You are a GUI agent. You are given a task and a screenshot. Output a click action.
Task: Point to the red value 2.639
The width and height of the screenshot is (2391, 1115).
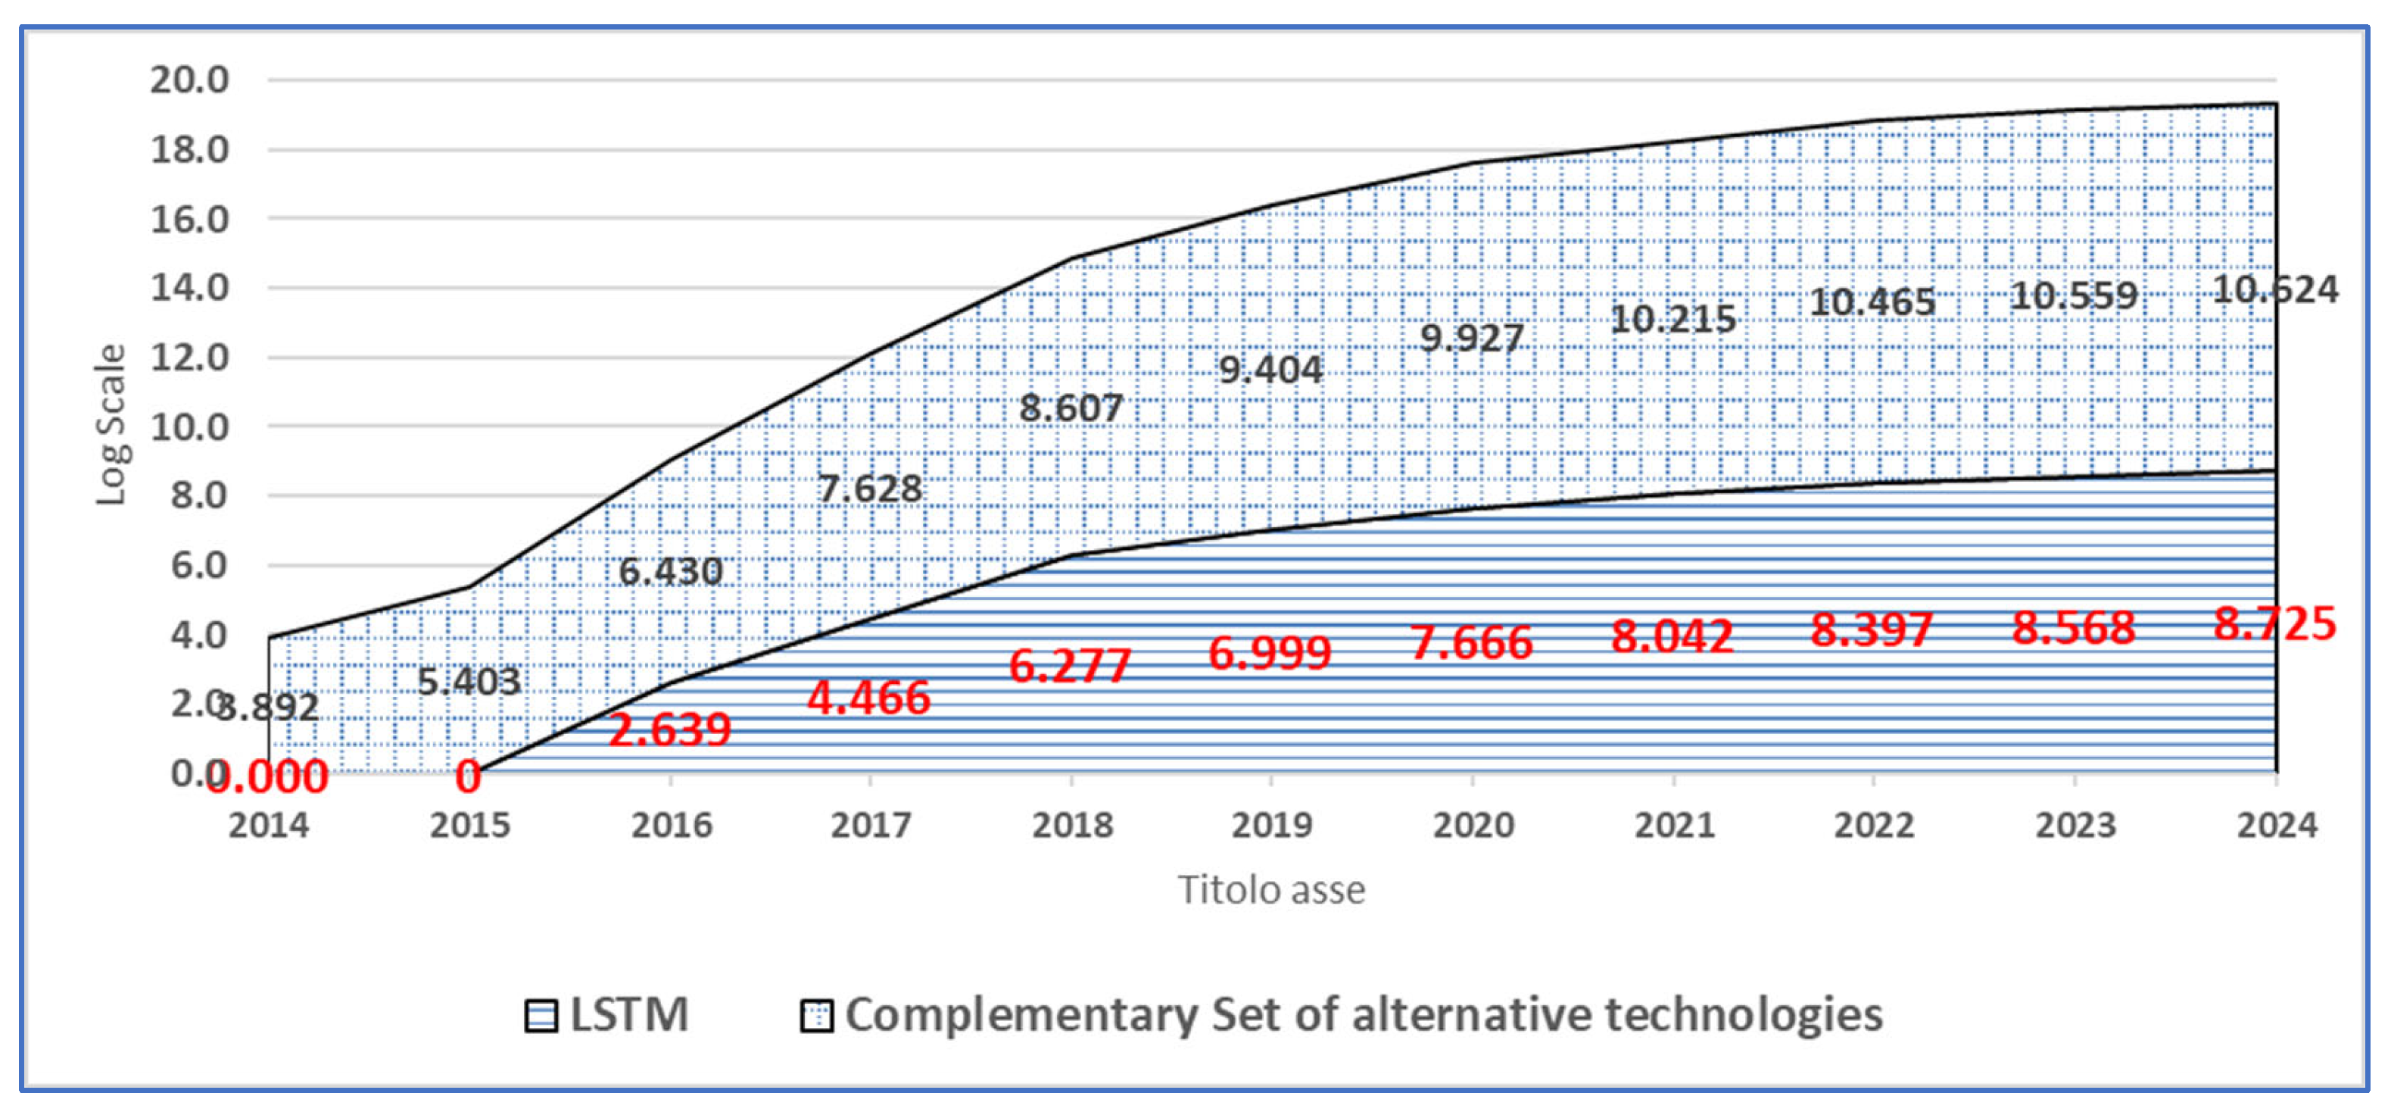669,729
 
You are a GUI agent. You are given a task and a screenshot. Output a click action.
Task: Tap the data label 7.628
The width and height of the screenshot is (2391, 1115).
870,489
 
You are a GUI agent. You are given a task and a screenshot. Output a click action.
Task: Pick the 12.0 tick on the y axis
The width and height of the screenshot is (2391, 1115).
189,358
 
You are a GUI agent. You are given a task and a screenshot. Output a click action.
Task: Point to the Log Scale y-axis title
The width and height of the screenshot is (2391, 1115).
111,425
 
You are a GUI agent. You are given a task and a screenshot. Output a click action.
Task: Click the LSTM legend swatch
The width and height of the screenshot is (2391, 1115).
541,1016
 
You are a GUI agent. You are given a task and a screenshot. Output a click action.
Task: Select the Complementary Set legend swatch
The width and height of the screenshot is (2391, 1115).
816,1016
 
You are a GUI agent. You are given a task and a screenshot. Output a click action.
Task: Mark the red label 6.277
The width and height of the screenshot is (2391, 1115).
1069,666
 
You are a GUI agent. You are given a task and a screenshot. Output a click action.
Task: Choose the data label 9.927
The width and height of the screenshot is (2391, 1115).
1471,338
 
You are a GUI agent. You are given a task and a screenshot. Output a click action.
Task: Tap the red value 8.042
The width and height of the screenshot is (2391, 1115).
1672,636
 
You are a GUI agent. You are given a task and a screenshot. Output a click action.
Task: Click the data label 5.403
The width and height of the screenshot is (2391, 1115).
469,682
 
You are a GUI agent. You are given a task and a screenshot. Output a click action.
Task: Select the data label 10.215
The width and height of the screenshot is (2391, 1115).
1672,320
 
